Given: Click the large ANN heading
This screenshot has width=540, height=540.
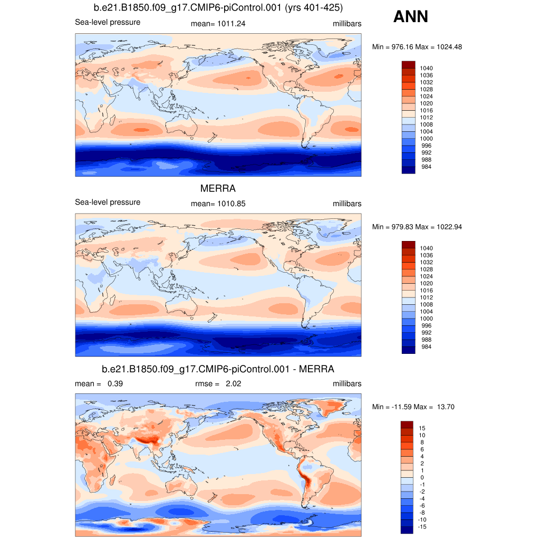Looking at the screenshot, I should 410,17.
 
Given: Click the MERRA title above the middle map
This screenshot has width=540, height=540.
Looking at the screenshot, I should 218,188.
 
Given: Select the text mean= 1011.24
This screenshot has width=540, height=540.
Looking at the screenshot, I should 218,24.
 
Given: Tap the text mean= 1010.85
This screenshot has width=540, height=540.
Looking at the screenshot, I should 218,204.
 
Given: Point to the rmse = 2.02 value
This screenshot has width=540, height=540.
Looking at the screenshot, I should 218,384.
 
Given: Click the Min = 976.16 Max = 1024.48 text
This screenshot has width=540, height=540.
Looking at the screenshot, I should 417,47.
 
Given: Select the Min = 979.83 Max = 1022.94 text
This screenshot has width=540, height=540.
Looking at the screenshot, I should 417,227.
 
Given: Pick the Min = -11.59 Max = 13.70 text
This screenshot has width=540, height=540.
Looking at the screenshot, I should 413,407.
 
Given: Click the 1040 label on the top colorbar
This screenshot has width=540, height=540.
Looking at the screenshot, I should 426,68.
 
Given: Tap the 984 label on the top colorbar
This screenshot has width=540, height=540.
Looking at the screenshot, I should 425,167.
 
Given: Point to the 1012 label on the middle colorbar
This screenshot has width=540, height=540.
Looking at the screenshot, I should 426,297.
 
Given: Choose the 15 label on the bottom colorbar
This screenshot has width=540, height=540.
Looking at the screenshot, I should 422,428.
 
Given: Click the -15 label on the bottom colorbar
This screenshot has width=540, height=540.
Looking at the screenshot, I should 422,527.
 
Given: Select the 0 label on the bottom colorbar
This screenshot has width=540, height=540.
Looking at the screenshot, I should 421,477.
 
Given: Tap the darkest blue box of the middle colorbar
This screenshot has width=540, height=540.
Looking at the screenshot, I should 409,350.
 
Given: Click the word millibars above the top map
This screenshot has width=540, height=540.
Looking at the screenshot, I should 347,24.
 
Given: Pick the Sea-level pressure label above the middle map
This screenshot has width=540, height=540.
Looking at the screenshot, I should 108,202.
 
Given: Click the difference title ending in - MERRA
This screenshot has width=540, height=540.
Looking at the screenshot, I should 218,368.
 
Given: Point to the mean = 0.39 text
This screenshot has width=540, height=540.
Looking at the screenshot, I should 99,384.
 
